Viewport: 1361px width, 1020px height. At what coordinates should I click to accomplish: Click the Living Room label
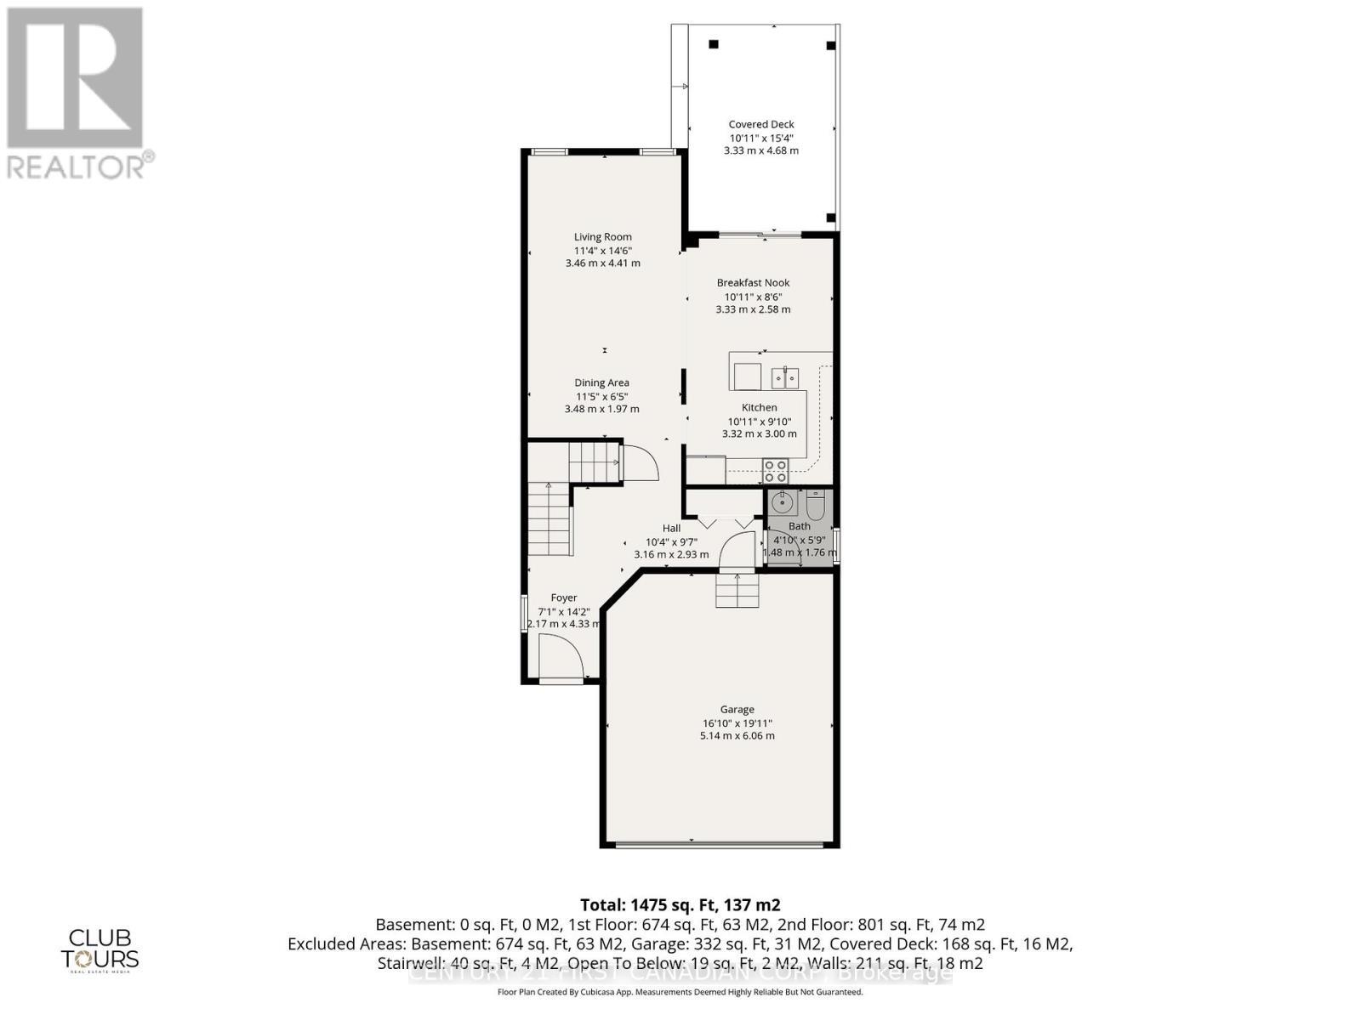tap(602, 237)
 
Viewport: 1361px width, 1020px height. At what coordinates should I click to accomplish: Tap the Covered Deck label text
tap(760, 124)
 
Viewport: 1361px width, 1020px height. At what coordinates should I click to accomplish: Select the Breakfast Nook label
tap(753, 283)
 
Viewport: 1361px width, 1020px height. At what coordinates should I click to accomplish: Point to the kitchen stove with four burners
tap(775, 471)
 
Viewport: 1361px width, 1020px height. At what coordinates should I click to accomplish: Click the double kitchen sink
tap(785, 376)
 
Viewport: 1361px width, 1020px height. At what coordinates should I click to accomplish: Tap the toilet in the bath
tap(815, 506)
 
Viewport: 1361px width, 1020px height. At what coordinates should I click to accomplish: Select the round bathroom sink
tap(783, 503)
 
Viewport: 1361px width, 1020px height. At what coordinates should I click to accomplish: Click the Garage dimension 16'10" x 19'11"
tap(737, 723)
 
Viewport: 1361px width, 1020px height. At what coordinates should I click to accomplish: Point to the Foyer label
tap(563, 598)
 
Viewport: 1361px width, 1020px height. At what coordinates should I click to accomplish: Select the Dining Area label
tap(601, 383)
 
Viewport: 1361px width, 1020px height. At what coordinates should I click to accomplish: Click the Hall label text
tap(671, 529)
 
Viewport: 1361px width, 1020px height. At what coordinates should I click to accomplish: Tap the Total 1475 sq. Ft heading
tap(680, 904)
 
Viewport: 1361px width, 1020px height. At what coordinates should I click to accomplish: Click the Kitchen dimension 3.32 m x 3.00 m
tap(759, 433)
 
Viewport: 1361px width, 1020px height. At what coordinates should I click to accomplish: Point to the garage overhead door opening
tap(720, 844)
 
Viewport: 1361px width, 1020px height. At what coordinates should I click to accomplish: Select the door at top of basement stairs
tap(640, 463)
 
